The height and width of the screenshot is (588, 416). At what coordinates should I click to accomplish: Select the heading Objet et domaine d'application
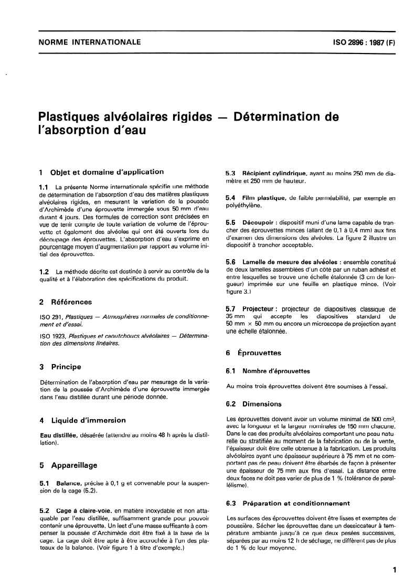click(x=107, y=172)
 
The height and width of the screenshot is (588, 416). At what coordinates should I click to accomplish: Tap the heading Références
click(x=71, y=302)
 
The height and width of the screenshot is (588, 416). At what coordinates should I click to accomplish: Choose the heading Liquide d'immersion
click(x=88, y=420)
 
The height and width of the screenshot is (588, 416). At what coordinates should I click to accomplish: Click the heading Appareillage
click(x=74, y=465)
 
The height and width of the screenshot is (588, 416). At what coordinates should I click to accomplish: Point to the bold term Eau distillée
click(x=59, y=435)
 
